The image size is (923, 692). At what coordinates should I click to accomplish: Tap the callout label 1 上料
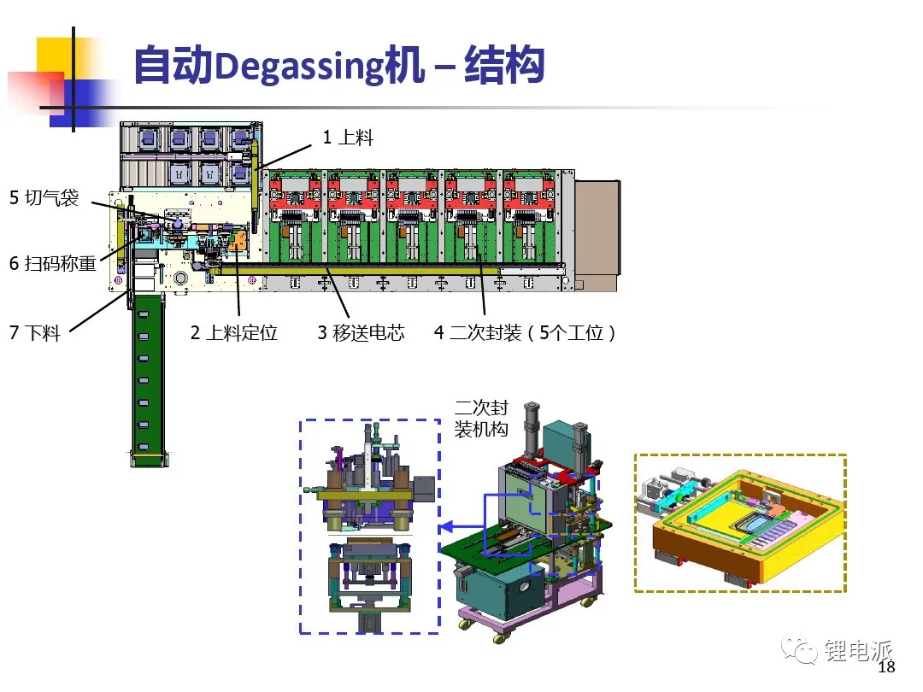(x=348, y=137)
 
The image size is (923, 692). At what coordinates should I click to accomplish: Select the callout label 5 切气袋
(x=44, y=197)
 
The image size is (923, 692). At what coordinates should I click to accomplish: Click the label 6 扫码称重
(x=52, y=263)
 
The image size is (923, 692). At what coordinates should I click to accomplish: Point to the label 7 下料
(x=35, y=333)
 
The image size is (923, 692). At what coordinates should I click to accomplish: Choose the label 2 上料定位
(x=233, y=333)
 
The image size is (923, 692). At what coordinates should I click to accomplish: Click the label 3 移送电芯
(x=361, y=333)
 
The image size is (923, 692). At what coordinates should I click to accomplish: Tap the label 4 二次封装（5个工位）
(x=525, y=333)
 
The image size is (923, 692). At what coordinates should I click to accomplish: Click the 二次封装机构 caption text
(x=481, y=419)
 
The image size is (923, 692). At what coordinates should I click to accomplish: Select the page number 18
(x=886, y=666)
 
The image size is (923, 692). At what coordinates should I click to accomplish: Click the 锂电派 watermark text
(x=858, y=650)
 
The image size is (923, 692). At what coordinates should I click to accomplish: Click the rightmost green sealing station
(x=529, y=216)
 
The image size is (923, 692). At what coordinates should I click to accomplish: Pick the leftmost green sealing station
(x=296, y=216)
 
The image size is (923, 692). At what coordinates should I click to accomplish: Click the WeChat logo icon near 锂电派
(x=799, y=649)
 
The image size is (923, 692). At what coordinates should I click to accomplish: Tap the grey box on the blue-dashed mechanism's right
(x=424, y=489)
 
